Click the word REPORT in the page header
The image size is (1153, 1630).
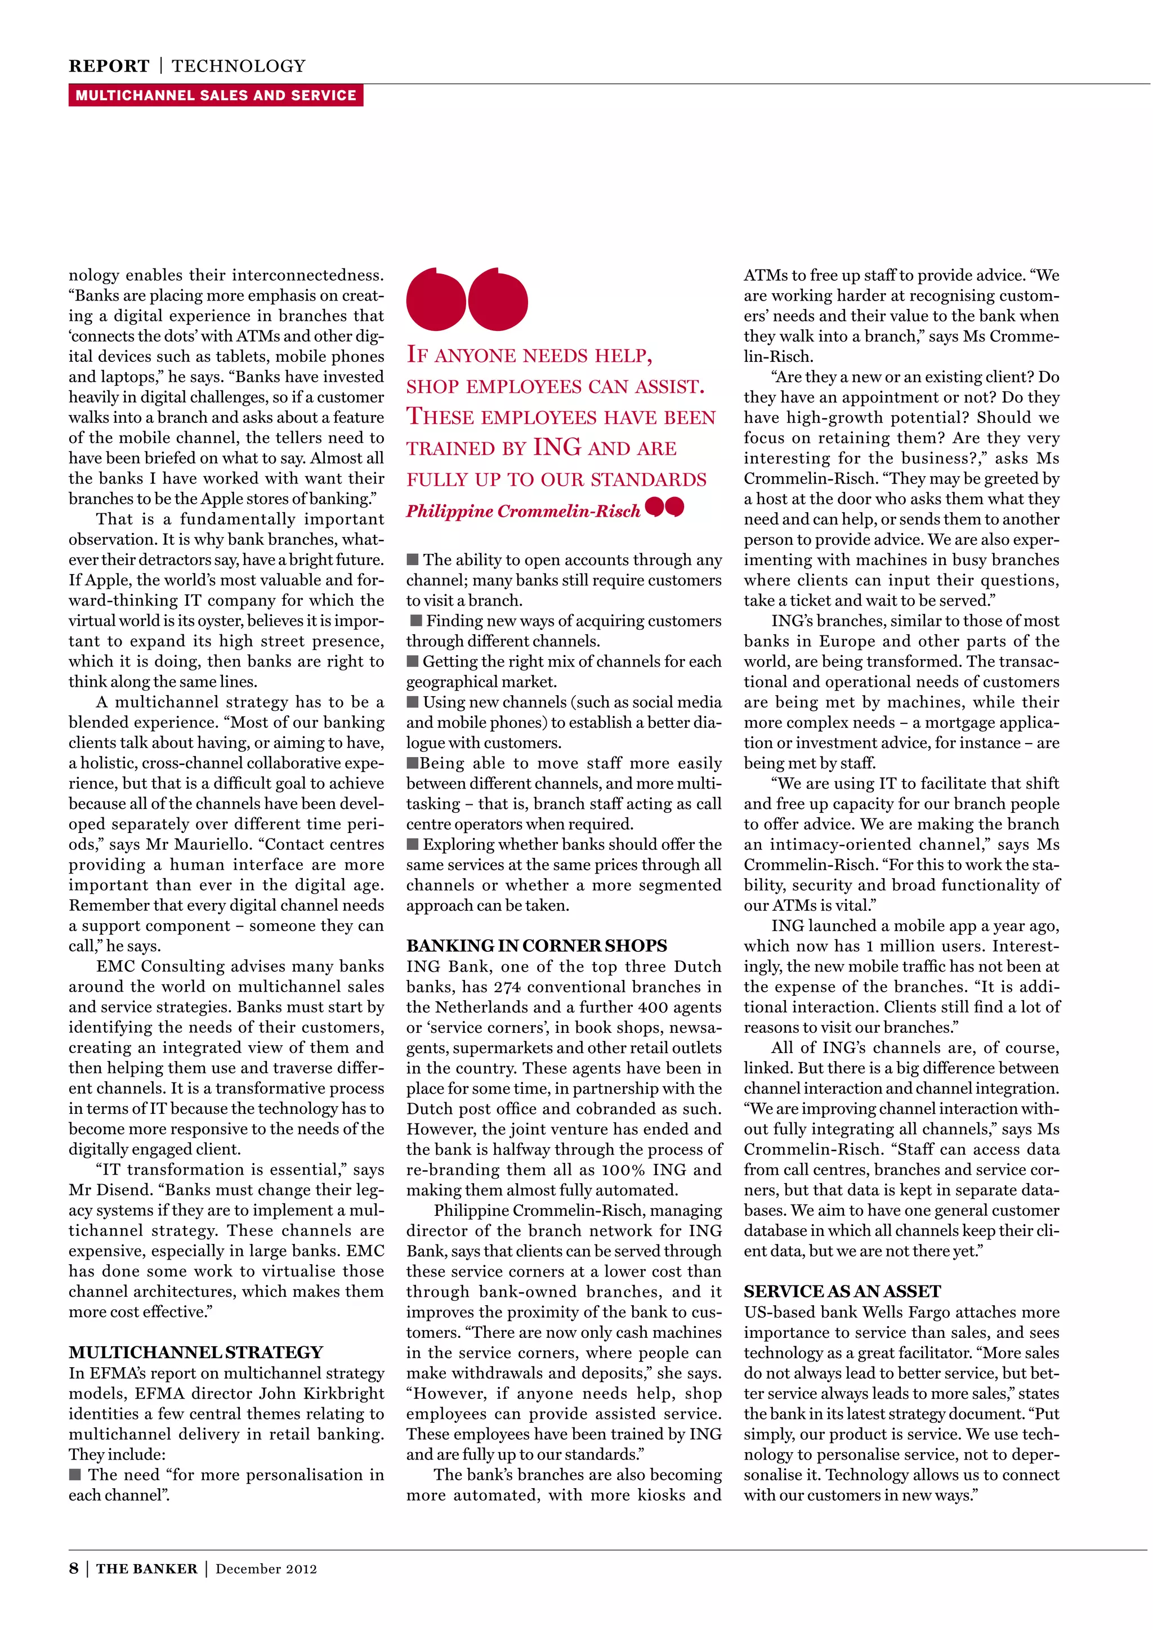pyautogui.click(x=109, y=66)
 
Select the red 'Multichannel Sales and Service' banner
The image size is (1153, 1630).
pyautogui.click(x=216, y=95)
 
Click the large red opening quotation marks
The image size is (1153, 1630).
pyautogui.click(x=467, y=299)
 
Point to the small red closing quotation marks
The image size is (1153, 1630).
pyautogui.click(x=664, y=506)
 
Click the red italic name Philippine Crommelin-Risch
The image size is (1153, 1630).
pyautogui.click(x=523, y=511)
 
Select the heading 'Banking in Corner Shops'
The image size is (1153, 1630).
pyautogui.click(x=536, y=946)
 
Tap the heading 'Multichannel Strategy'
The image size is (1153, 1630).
pyautogui.click(x=195, y=1352)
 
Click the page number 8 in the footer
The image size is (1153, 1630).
pyautogui.click(x=74, y=1568)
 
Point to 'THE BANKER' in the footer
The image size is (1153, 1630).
pyautogui.click(x=146, y=1568)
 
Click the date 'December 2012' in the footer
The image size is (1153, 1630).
pyautogui.click(x=266, y=1568)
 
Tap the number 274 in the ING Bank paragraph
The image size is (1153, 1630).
pyautogui.click(x=507, y=987)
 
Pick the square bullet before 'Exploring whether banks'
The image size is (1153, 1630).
pyautogui.click(x=413, y=844)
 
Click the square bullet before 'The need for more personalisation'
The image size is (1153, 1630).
pyautogui.click(x=75, y=1474)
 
